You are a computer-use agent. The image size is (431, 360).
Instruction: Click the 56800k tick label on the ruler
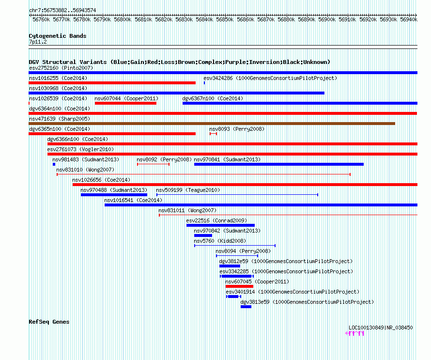point(123,19)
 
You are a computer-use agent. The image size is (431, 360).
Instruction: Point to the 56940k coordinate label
point(409,19)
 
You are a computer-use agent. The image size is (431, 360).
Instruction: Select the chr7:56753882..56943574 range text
point(62,11)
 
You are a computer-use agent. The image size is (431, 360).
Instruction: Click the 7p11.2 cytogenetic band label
point(38,42)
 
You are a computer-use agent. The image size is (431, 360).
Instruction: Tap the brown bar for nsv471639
point(212,124)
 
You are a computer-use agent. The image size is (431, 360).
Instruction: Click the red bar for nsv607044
point(125,103)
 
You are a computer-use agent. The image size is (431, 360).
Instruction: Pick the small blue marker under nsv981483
point(54,164)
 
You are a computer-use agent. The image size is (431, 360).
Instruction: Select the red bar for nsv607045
point(239,286)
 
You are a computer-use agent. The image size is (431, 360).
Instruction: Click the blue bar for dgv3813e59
point(246,307)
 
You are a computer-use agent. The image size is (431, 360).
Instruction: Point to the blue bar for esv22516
point(220,225)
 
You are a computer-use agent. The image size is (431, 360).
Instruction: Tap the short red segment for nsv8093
point(213,134)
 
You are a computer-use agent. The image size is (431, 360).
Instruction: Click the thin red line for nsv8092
point(154,164)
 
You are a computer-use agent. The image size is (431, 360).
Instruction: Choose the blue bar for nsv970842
point(203,235)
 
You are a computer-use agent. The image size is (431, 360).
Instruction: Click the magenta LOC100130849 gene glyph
point(354,333)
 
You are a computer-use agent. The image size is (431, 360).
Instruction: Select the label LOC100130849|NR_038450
point(381,328)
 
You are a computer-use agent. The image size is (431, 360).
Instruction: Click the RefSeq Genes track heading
point(49,322)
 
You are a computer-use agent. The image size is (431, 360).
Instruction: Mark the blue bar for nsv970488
point(114,195)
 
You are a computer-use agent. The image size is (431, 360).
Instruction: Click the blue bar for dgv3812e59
point(230,266)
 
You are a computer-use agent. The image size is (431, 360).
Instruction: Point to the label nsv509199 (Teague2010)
point(188,190)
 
